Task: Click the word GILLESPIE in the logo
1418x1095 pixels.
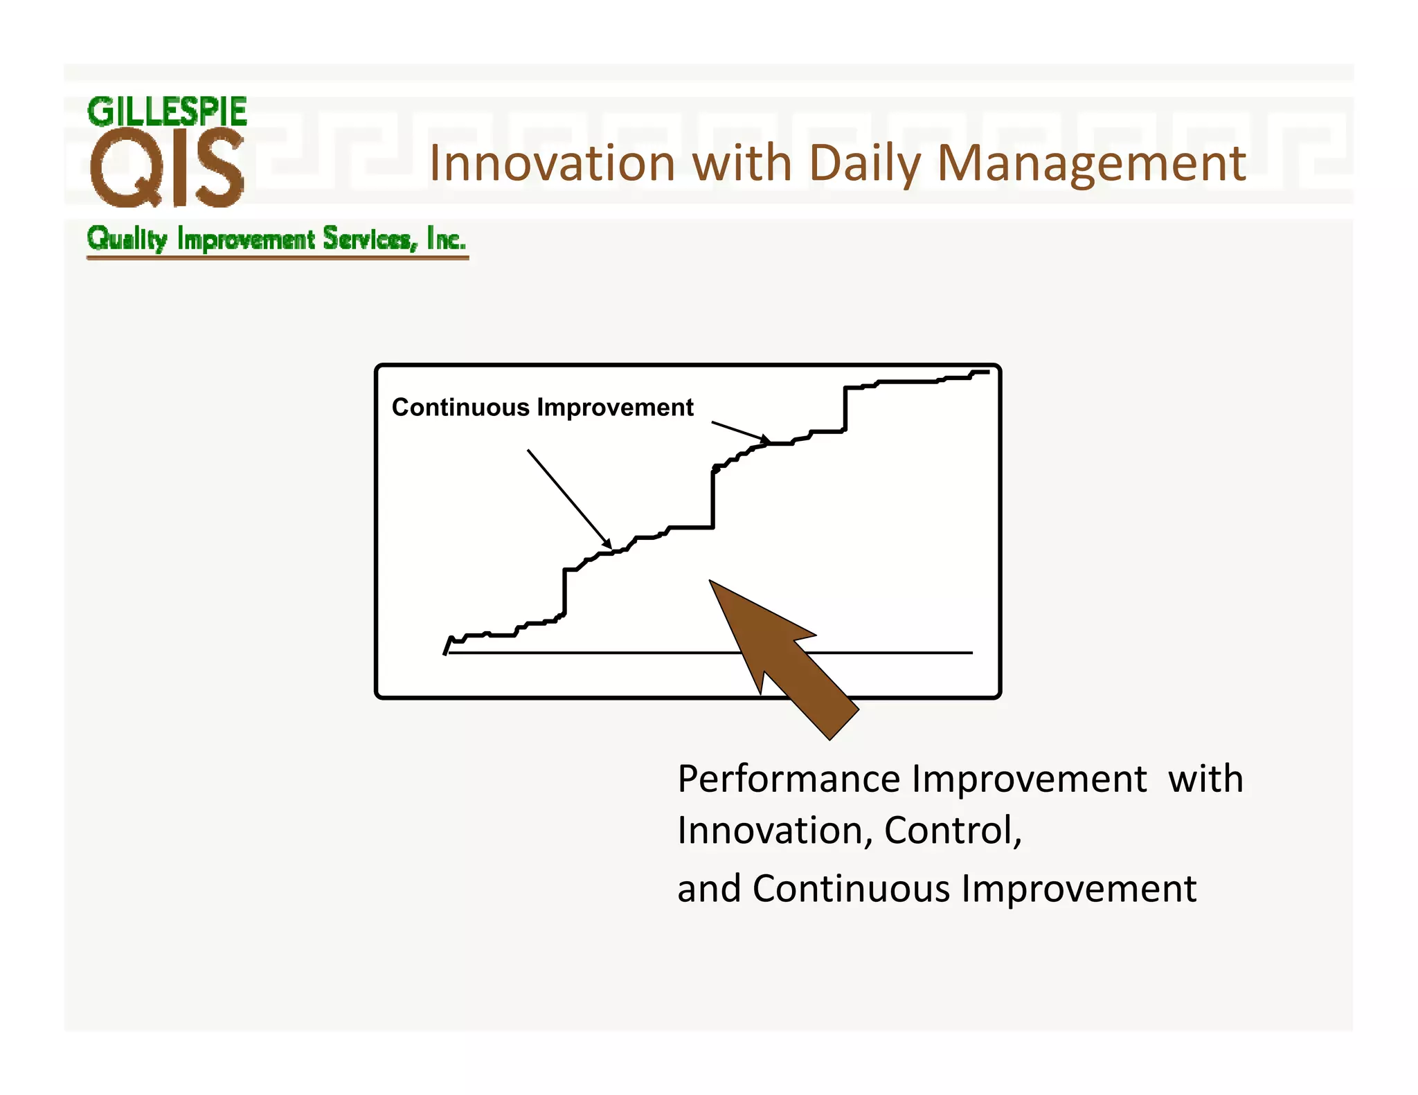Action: point(167,112)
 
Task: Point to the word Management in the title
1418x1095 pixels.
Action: point(1091,165)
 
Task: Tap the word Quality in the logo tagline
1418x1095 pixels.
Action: point(127,239)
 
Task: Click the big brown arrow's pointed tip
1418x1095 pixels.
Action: point(711,583)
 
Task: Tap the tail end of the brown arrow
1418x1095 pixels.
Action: point(844,723)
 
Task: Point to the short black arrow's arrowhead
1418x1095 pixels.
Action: point(767,440)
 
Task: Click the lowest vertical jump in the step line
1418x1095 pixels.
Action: point(565,592)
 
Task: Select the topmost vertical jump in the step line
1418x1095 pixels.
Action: point(845,409)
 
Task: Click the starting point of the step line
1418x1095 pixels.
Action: point(445,653)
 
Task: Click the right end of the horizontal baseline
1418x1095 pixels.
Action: point(971,653)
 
